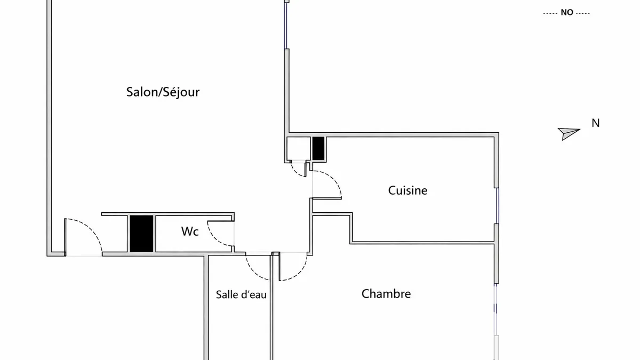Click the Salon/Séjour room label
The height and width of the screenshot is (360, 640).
click(x=163, y=92)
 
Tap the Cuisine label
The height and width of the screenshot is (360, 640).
click(x=407, y=190)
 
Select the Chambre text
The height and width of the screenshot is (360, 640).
click(x=386, y=294)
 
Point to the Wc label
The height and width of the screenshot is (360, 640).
click(x=190, y=231)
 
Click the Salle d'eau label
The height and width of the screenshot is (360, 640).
click(x=241, y=294)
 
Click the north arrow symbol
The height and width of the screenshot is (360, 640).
click(x=569, y=133)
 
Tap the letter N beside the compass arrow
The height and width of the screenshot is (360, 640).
click(x=595, y=123)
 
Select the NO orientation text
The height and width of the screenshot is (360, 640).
click(x=567, y=13)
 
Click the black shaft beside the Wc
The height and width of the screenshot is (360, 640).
click(x=141, y=234)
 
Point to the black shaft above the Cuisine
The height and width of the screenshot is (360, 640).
click(x=318, y=148)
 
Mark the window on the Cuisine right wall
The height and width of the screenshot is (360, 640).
click(x=497, y=206)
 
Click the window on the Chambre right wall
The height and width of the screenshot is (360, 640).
click(x=495, y=309)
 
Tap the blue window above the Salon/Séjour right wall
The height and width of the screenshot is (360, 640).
click(x=285, y=26)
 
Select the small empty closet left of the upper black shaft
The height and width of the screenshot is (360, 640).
click(x=299, y=149)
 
